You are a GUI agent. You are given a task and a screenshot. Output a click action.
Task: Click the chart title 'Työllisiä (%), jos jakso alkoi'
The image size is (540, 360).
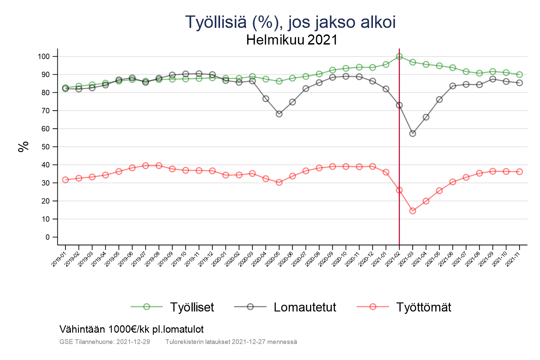point(290,22)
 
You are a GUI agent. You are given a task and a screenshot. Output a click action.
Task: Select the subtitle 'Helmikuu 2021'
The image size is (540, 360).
point(292,40)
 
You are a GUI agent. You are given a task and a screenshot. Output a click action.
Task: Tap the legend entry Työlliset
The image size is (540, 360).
point(192,307)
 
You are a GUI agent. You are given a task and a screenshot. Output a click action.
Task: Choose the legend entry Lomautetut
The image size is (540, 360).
point(305,307)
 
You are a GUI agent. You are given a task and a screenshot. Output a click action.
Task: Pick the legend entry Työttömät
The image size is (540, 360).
point(423,307)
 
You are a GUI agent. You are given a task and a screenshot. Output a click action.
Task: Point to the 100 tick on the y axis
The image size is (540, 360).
point(44,56)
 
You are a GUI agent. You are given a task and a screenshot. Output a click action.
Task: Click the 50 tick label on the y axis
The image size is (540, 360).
point(45,147)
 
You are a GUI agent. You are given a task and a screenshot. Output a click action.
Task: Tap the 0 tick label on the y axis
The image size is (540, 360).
point(47,237)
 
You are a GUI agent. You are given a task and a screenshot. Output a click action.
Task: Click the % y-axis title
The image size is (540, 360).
point(23,147)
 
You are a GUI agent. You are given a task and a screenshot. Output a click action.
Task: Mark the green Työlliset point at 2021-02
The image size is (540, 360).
point(399,56)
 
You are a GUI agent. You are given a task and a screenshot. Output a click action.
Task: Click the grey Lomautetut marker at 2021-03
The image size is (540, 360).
point(412,134)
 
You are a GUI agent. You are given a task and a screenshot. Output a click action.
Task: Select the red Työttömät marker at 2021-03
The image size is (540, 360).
point(412,211)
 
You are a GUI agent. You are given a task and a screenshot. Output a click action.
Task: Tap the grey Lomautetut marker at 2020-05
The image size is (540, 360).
point(279,114)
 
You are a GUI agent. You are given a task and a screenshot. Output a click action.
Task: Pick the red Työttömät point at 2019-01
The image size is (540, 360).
point(65,180)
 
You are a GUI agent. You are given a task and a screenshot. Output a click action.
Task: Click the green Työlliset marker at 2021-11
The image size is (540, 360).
point(519,75)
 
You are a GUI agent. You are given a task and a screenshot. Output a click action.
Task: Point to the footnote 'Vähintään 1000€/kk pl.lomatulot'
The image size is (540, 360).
point(132,329)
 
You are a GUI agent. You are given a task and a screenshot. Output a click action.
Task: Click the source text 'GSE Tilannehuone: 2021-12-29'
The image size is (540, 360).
point(105,342)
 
